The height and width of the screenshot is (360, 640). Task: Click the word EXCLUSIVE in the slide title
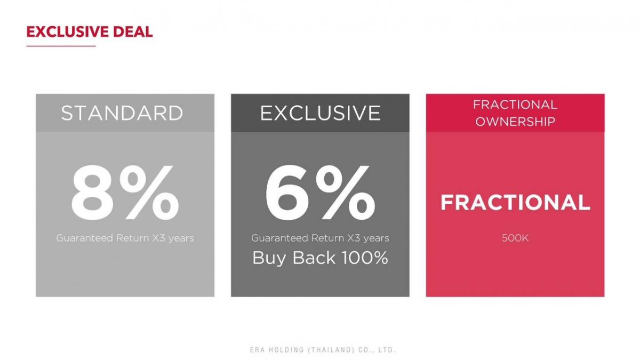point(67,31)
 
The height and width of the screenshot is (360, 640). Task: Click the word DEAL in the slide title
point(133,31)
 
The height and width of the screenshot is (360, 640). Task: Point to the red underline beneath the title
point(61,46)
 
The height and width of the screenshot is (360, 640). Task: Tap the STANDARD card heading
point(122,113)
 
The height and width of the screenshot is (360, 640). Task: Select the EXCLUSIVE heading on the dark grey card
point(321,113)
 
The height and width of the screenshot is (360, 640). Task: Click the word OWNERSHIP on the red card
point(515,122)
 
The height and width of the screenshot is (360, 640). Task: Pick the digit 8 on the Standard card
point(92,192)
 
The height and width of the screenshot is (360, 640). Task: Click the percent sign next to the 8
point(149,192)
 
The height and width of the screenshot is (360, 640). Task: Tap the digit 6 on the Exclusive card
point(287,192)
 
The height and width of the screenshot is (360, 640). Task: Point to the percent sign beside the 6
point(345,192)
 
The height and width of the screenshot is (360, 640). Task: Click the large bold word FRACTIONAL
point(515,203)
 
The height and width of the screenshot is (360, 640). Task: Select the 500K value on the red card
point(515,238)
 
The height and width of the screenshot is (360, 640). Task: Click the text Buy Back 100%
point(321,258)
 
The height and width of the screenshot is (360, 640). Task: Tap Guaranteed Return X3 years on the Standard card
point(125,238)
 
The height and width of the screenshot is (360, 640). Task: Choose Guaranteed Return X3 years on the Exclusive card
point(321,238)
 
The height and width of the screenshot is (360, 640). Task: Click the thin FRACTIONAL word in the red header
point(515,105)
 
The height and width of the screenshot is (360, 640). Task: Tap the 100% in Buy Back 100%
point(365,258)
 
